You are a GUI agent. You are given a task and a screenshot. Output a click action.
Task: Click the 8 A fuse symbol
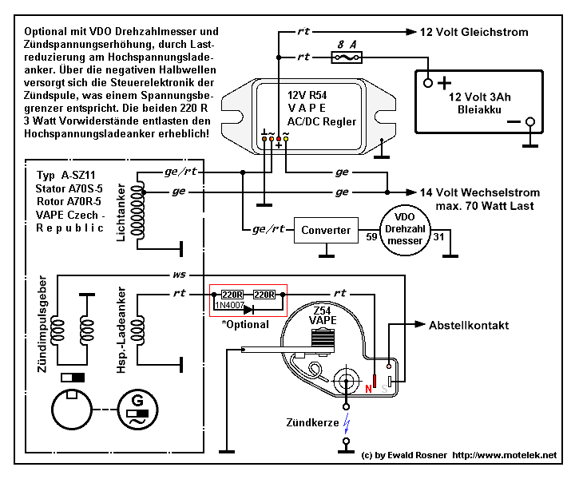pos(347,57)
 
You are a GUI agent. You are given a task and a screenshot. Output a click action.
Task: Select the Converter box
pos(326,230)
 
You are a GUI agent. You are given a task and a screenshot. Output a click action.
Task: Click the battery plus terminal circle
pos(428,83)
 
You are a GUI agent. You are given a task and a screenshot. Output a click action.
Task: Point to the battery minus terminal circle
pos(530,121)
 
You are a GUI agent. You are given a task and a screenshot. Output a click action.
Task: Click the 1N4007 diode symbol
pos(248,310)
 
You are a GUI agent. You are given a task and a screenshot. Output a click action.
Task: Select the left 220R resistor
pos(232,295)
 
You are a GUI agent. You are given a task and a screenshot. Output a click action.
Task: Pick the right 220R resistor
pos(264,295)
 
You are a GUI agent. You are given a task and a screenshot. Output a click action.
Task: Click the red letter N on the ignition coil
pos(368,389)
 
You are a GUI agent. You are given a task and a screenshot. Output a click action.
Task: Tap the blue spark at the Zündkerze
pos(347,424)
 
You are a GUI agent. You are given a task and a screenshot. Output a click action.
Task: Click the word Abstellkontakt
pos(469,326)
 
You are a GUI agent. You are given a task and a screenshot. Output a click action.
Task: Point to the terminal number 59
pos(371,237)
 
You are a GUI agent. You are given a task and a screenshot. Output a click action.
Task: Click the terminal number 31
pos(438,237)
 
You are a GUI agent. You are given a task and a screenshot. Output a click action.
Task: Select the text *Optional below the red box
pos(245,325)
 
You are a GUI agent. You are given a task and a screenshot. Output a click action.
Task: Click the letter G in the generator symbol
pos(137,400)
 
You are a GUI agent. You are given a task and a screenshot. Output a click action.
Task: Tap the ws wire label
pos(179,275)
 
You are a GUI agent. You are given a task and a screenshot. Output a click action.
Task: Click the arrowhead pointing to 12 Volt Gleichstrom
pos(411,32)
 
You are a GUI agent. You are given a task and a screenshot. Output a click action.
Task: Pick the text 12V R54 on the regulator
pos(307,95)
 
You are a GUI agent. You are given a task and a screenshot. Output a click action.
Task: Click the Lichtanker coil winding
pos(137,211)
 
